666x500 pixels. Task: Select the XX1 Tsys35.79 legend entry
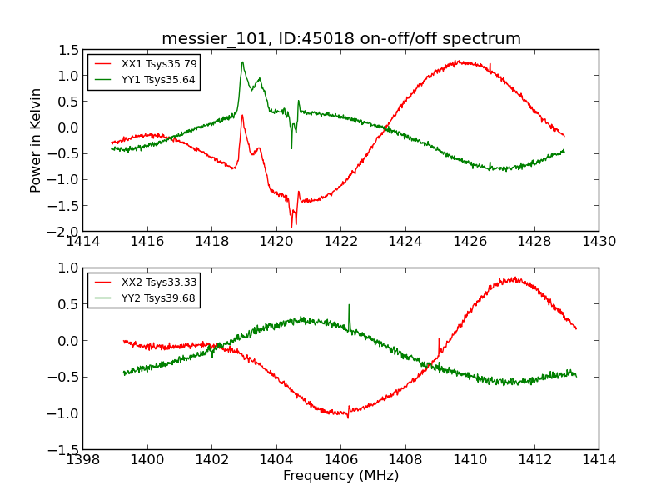[159, 63]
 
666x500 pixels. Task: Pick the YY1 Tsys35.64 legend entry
[159, 80]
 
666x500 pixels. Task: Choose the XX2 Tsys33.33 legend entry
[159, 282]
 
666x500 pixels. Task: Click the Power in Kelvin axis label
[36, 140]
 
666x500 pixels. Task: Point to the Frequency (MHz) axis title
[340, 476]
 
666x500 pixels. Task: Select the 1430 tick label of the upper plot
[598, 242]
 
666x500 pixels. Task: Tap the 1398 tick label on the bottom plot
[83, 460]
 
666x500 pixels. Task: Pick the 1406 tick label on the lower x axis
[340, 460]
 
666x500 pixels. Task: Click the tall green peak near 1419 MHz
[242, 62]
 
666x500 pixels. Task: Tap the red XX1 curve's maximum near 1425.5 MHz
[457, 62]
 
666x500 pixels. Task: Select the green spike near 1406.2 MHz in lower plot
[348, 306]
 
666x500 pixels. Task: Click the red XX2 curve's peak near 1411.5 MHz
[514, 278]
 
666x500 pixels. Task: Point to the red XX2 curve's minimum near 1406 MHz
[346, 415]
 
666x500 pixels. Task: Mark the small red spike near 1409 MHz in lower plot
[439, 340]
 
